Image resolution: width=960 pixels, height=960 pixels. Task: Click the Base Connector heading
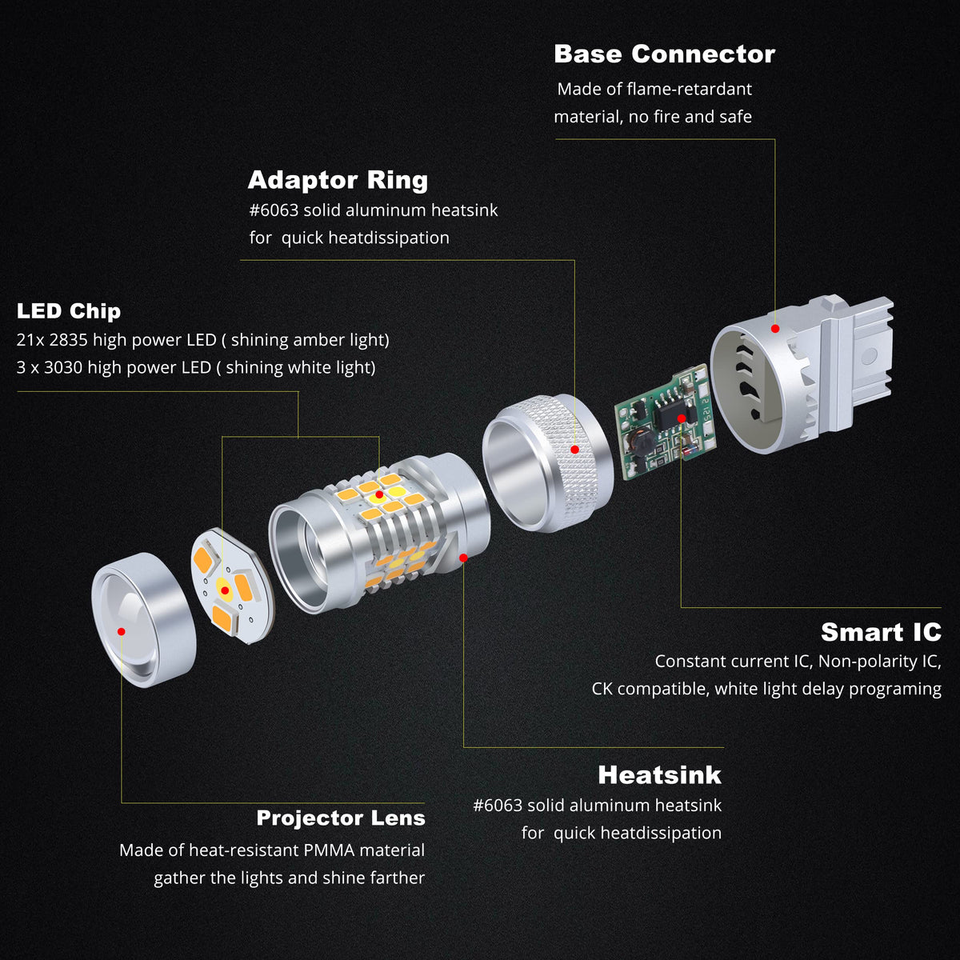665,54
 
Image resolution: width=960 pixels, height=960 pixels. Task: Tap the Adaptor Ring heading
338,180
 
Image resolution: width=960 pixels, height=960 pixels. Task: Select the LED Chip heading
69,311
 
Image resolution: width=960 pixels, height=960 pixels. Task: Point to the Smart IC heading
882,632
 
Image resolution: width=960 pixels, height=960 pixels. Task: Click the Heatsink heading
659,775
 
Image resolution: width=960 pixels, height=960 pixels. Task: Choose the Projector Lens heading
341,818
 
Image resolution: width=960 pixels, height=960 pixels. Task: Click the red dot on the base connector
775,329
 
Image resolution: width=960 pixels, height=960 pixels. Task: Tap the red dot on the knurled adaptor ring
574,450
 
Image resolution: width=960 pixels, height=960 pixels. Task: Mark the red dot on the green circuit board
682,418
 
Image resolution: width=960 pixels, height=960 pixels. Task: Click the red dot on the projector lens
121,632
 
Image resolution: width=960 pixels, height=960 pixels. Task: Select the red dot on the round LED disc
225,590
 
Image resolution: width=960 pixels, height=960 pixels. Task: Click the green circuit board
666,422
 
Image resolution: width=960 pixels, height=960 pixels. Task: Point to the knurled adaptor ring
548,463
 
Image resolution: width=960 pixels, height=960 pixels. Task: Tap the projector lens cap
144,620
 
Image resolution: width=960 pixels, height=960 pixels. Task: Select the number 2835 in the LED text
68,340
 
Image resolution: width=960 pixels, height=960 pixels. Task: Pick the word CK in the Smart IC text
602,689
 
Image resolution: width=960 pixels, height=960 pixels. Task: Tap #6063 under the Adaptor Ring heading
274,210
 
